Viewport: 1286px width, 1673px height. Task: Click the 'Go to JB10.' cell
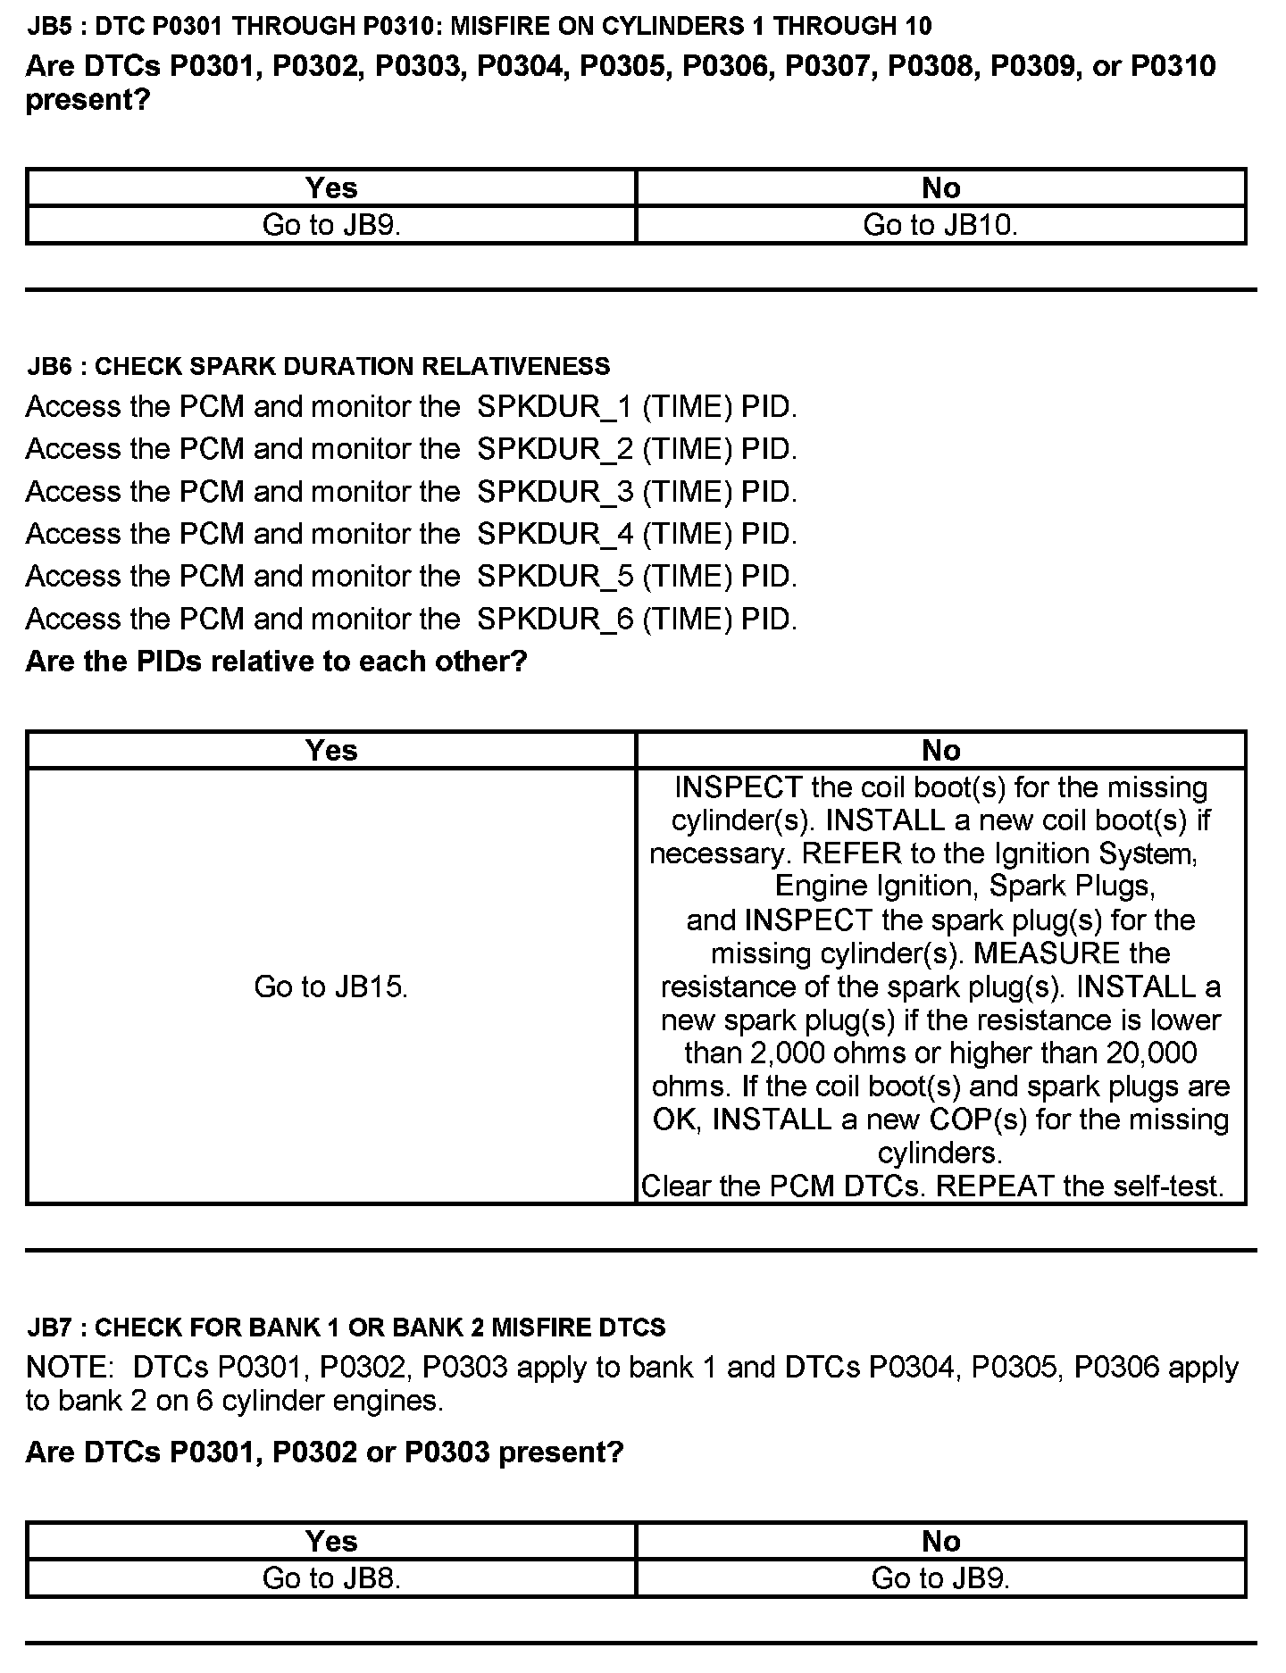940,225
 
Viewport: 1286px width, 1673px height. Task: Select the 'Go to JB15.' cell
331,986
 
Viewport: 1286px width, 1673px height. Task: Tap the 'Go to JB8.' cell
331,1578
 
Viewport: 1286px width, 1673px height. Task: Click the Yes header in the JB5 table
331,187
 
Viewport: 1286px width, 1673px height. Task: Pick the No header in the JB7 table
940,1541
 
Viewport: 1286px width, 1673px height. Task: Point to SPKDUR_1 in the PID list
555,407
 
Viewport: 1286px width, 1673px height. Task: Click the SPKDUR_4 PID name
555,534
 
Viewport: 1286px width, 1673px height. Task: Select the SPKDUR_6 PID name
555,619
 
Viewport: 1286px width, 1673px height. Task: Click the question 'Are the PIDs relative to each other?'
276,662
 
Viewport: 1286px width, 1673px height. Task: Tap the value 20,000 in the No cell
1151,1053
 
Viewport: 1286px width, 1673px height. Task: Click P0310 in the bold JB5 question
1173,66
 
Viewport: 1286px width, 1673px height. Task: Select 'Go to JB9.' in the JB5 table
331,225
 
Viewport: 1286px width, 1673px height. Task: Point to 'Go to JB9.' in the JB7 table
940,1578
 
